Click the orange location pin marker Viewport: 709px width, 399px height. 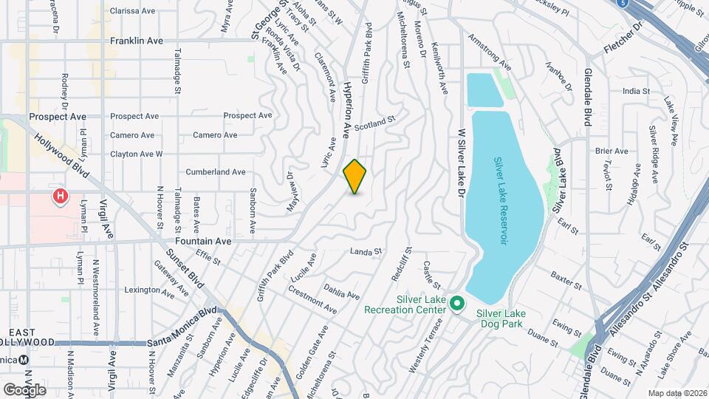click(354, 177)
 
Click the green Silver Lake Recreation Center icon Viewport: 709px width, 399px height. click(457, 304)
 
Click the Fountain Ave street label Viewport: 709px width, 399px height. click(203, 241)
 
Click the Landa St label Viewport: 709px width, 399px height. click(366, 251)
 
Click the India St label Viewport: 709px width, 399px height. click(635, 91)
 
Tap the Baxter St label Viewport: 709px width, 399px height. click(566, 277)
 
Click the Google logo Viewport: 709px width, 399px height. click(24, 389)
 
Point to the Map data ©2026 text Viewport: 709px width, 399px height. click(677, 393)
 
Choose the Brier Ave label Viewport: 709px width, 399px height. click(612, 151)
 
